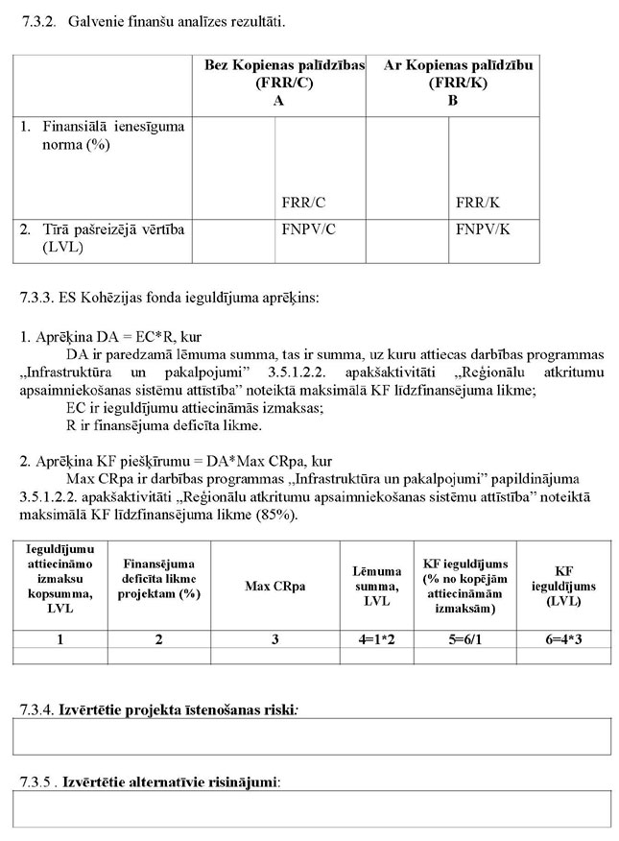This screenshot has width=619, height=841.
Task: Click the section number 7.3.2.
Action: coord(38,19)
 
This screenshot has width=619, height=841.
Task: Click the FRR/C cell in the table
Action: coord(303,203)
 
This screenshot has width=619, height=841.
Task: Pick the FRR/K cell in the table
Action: coord(477,203)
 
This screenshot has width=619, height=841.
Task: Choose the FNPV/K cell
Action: coord(481,230)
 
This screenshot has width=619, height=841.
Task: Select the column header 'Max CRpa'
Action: coord(275,586)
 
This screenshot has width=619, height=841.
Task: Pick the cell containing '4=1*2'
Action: coord(370,637)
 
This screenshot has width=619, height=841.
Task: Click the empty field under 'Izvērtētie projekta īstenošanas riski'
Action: coord(311,737)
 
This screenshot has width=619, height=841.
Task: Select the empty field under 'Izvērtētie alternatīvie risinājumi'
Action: coord(311,808)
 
